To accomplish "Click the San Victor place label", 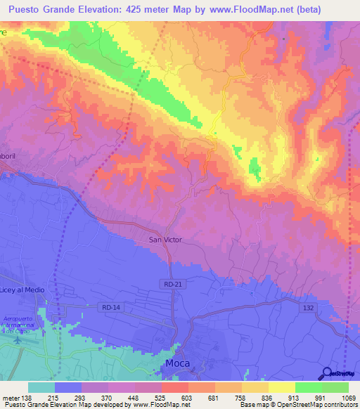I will [165, 240].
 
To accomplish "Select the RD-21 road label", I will [169, 283].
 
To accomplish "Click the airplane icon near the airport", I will [18, 340].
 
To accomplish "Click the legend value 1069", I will [340, 397].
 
